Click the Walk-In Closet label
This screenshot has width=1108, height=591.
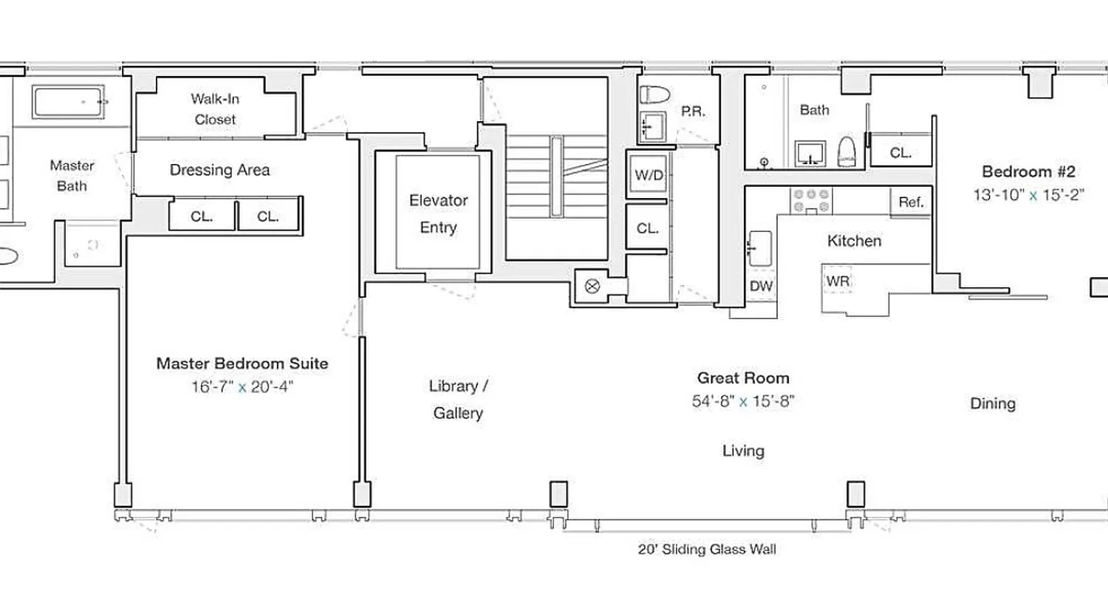coord(214,109)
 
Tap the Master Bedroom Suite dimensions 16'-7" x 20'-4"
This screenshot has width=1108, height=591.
coord(242,387)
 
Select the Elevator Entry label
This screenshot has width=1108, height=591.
coord(438,213)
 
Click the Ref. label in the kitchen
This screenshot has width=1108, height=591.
coord(911,202)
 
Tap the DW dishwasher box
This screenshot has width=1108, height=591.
coord(761,286)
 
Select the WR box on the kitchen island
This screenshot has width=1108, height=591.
coord(838,281)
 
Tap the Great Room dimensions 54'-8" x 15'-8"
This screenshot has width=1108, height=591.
coord(744,401)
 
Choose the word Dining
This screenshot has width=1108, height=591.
coord(992,403)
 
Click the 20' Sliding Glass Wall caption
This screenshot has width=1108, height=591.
coord(707,550)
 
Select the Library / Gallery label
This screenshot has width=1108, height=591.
coord(458,400)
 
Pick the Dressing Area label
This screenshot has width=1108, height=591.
coord(219,170)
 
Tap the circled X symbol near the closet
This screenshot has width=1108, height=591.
coord(591,287)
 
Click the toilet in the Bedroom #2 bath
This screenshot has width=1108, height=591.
coord(847,152)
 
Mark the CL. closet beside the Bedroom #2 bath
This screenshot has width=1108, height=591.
coord(900,153)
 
